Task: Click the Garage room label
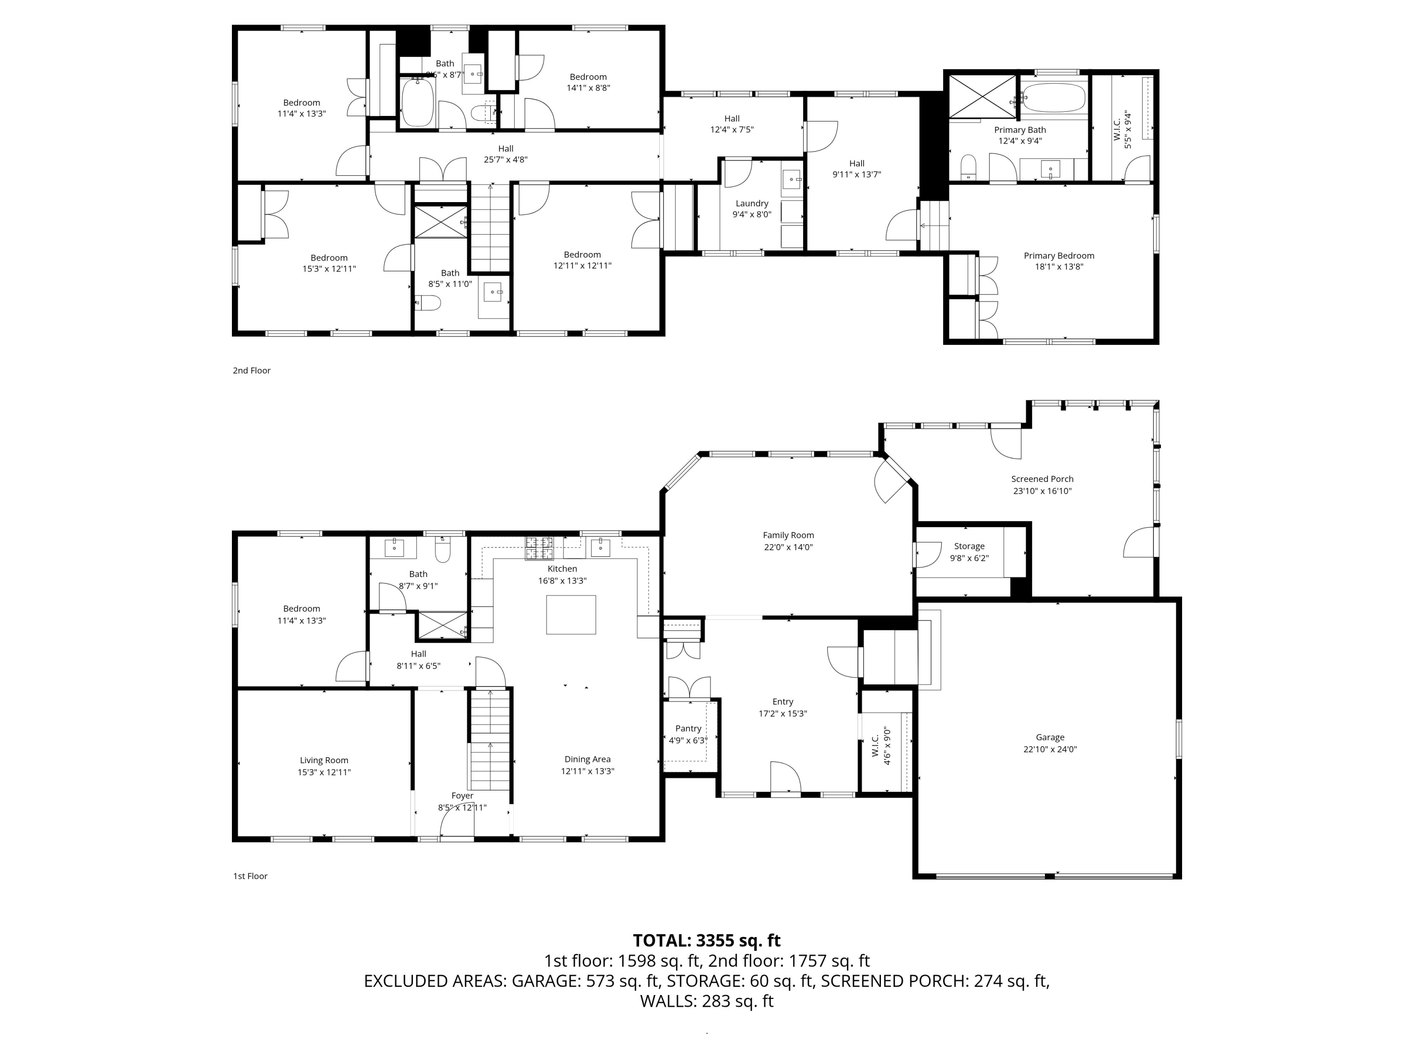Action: tap(1050, 737)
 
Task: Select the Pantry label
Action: tap(688, 728)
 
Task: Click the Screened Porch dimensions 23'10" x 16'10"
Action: tap(1042, 491)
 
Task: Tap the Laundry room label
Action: tap(751, 203)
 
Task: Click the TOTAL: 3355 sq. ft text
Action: tap(707, 940)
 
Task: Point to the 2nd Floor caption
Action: tap(251, 371)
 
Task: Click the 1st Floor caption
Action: tap(250, 876)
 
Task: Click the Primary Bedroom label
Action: tap(1059, 255)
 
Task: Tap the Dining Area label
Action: tap(587, 759)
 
